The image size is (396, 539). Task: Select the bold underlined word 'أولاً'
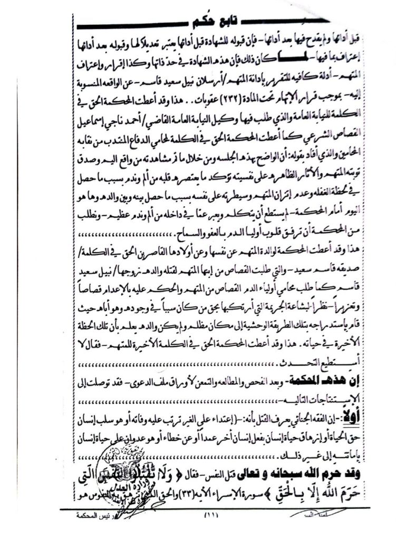tap(358, 405)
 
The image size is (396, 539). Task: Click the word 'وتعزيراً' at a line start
tap(361, 305)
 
